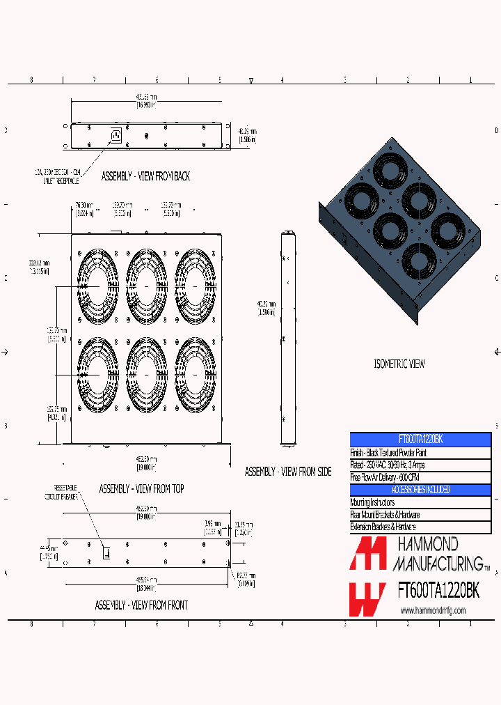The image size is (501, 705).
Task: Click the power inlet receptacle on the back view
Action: point(115,135)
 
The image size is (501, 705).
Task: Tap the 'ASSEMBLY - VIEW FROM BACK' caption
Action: point(145,176)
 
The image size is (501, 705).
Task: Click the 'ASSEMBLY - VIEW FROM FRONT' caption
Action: point(141,605)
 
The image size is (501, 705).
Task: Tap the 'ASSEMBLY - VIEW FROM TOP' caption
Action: point(141,489)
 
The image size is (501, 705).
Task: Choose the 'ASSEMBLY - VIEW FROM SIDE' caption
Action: point(288,472)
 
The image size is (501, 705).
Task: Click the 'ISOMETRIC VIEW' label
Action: point(399,364)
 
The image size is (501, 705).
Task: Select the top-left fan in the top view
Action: point(99,286)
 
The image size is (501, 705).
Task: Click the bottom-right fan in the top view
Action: point(194,375)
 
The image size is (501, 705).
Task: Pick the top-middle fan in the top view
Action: point(147,286)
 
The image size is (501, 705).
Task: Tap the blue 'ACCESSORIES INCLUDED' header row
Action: point(420,490)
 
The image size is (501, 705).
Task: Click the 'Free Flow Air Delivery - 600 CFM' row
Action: point(420,477)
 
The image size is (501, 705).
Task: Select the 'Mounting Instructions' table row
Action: point(420,502)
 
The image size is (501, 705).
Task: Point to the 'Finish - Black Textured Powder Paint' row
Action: point(420,452)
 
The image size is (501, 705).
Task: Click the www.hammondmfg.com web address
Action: point(433,610)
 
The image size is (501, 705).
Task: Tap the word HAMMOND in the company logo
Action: point(427,544)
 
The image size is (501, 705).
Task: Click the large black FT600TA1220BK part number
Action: point(438,591)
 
